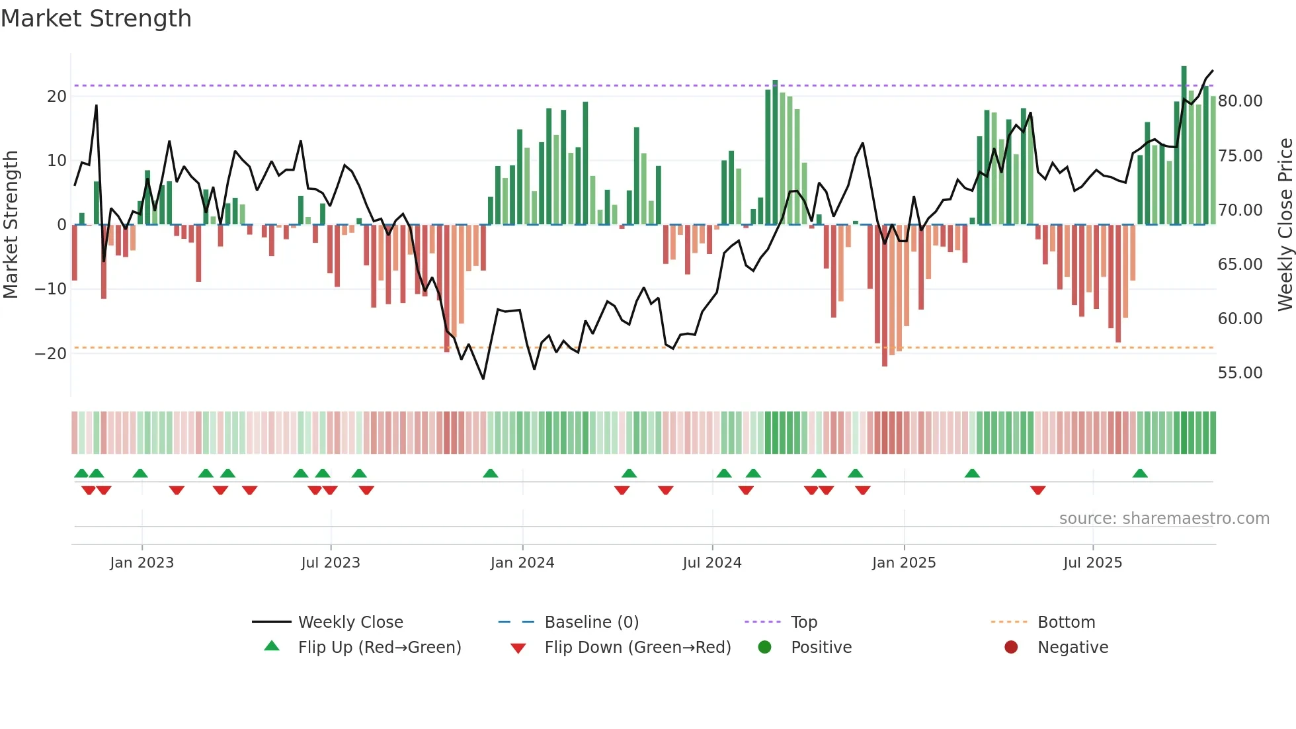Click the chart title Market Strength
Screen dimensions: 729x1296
coord(96,19)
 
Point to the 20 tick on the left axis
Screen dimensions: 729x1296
coord(57,97)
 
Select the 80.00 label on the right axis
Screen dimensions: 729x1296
coord(1240,101)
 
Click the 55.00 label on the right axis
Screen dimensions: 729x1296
coord(1240,373)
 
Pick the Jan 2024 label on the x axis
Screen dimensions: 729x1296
coord(522,563)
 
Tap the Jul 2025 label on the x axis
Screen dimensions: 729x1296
coord(1092,563)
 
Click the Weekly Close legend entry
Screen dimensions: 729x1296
coord(350,622)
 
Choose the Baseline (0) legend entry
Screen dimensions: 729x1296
coord(591,622)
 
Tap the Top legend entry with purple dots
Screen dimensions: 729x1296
coord(803,622)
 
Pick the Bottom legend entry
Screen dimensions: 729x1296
coord(1066,622)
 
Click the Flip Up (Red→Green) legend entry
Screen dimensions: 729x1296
coord(379,648)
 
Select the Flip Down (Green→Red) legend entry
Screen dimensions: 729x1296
coord(637,648)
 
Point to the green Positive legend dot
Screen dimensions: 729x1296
coord(765,648)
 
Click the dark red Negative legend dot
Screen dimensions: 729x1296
coord(1011,648)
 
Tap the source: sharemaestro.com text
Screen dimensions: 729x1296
coord(1164,519)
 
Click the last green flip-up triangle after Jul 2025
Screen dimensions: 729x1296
coord(1140,474)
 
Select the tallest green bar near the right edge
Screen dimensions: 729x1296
coord(1184,146)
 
